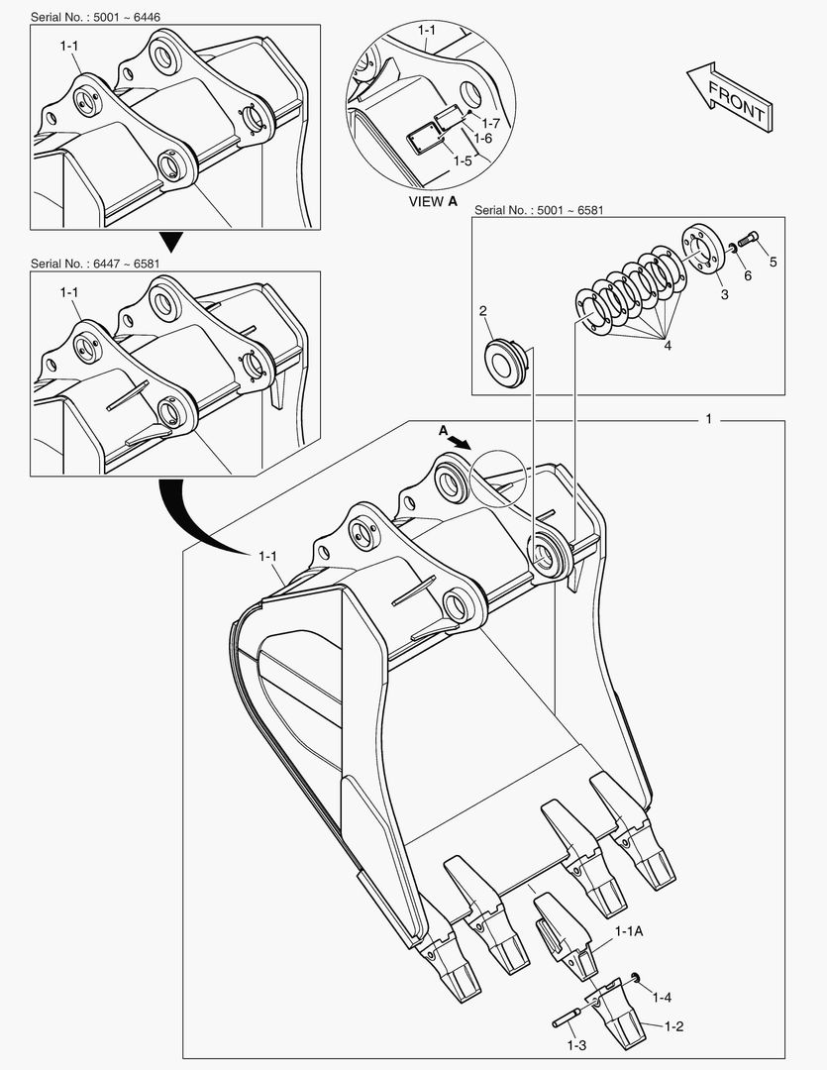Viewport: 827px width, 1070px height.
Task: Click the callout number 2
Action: [482, 311]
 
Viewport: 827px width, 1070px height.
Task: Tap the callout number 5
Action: [774, 262]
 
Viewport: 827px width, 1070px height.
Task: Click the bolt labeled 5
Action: [750, 238]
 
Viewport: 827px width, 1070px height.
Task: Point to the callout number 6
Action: [748, 276]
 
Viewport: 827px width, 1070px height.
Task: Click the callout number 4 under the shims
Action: [667, 345]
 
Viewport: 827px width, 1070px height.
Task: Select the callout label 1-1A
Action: [629, 931]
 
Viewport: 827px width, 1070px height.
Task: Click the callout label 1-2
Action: [673, 1025]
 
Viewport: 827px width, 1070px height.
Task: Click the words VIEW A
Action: [434, 200]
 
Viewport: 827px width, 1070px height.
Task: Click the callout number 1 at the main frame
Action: [708, 420]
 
